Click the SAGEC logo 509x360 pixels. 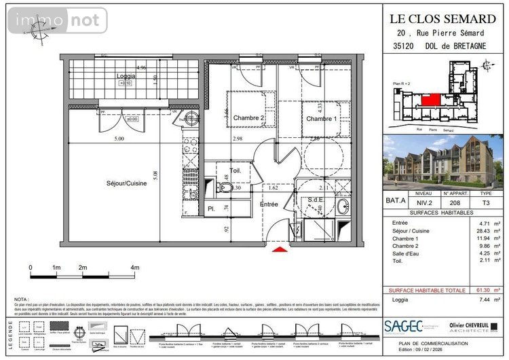(x=404, y=327)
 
